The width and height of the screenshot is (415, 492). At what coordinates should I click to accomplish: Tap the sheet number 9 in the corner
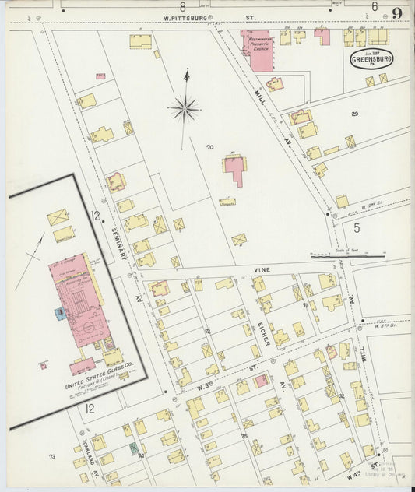pos(397,12)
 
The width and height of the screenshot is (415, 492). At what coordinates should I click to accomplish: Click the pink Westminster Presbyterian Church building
pos(258,51)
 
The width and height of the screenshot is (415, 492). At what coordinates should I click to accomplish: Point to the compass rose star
pos(185,109)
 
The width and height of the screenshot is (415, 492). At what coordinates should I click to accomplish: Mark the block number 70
pos(209,147)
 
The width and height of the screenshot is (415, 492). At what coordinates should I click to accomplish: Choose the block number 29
pos(354,114)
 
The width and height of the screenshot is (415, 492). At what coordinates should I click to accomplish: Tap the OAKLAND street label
pos(86,441)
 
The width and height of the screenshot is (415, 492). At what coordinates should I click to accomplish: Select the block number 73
pos(52,456)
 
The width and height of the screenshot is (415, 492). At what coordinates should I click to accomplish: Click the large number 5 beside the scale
pos(357,228)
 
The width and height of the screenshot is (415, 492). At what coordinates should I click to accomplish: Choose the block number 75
pos(243,437)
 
